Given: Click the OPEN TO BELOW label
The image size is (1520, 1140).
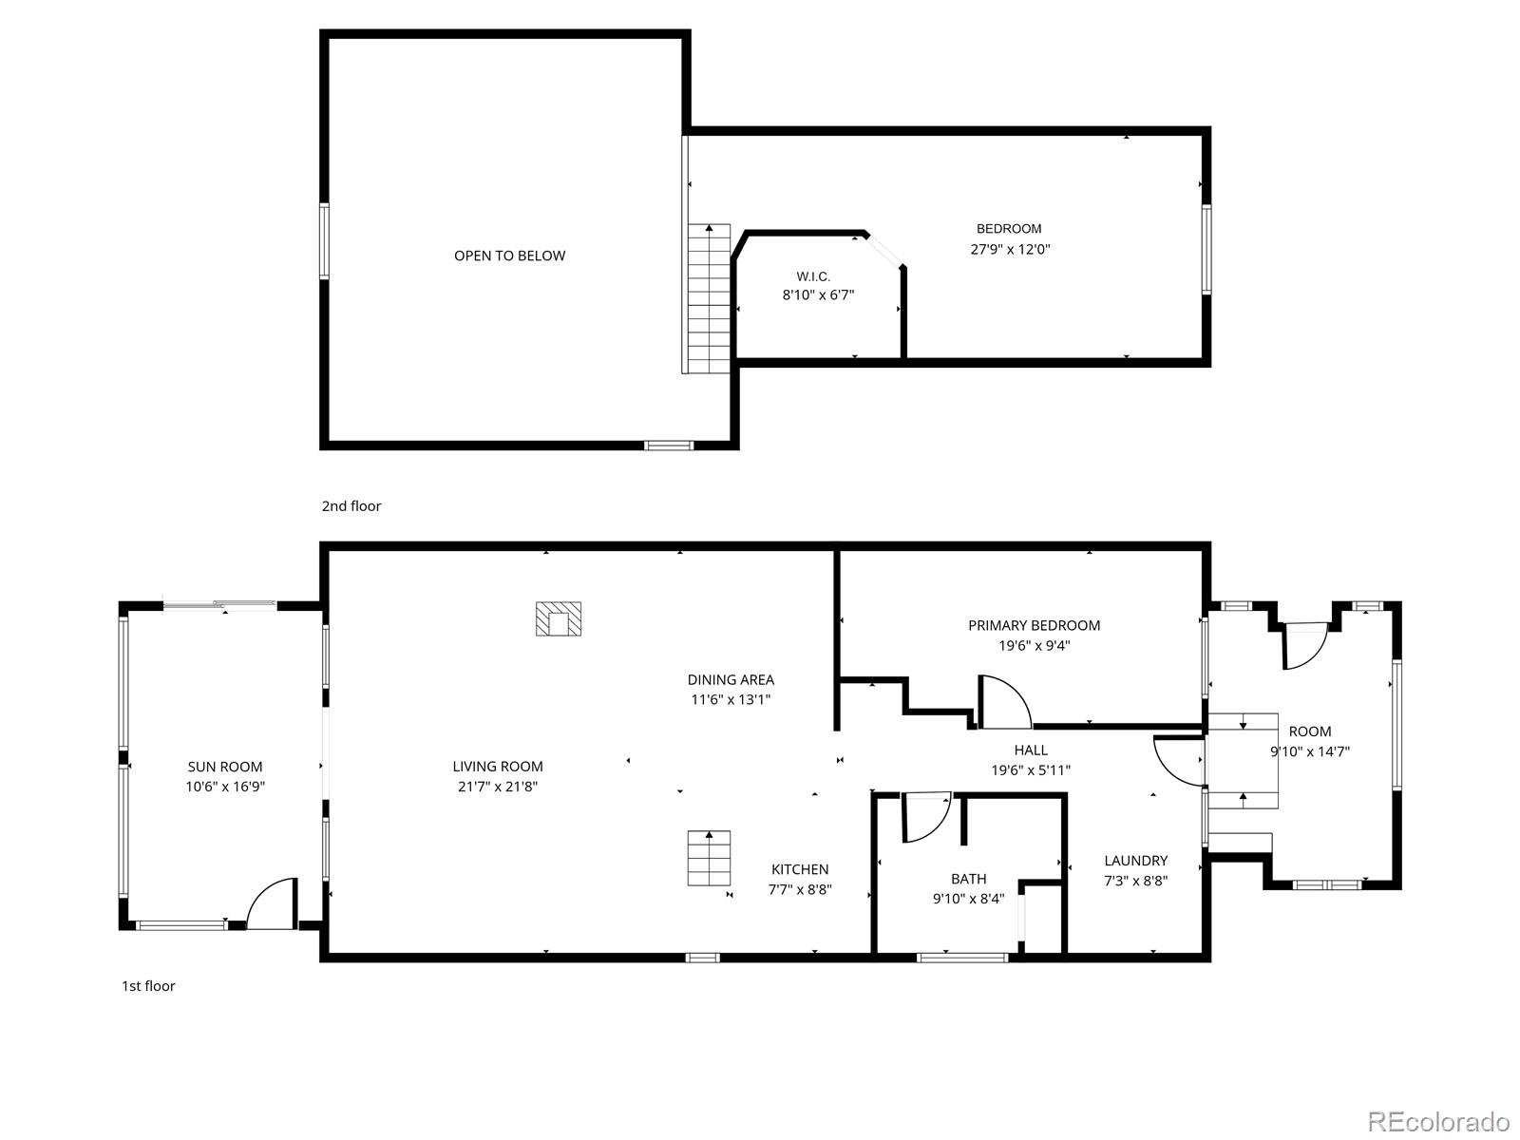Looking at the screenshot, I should point(509,256).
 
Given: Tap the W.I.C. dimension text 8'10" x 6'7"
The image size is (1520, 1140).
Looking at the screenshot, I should point(818,295).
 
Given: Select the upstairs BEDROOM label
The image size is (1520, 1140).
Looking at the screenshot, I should point(1009,229).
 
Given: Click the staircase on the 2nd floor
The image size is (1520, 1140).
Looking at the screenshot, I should point(709,299).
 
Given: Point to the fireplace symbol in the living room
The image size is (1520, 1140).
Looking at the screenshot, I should point(559,619).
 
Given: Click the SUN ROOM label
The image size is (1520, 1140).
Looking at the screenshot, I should point(225,767).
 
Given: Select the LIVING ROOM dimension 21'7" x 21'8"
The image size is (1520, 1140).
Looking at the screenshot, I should point(498,787).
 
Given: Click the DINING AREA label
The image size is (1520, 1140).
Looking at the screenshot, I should point(731,679).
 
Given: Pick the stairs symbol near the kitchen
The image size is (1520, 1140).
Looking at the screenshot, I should point(709,858).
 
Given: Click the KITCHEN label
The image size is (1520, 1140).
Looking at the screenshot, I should point(800,869).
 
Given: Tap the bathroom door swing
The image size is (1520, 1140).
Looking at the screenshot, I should point(924,817).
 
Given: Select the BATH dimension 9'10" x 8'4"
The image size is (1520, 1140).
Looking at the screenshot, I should point(968,899).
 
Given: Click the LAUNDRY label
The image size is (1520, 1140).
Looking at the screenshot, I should point(1135,861).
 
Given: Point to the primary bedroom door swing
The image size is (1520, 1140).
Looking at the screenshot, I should point(1003,703).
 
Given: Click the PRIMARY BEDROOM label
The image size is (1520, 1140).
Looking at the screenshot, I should point(1034,625).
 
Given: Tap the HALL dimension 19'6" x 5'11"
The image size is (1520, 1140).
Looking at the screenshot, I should point(1031,770).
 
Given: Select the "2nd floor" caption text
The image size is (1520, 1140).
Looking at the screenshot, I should point(351,506).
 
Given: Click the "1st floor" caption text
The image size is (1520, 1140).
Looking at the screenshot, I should point(148,986).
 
